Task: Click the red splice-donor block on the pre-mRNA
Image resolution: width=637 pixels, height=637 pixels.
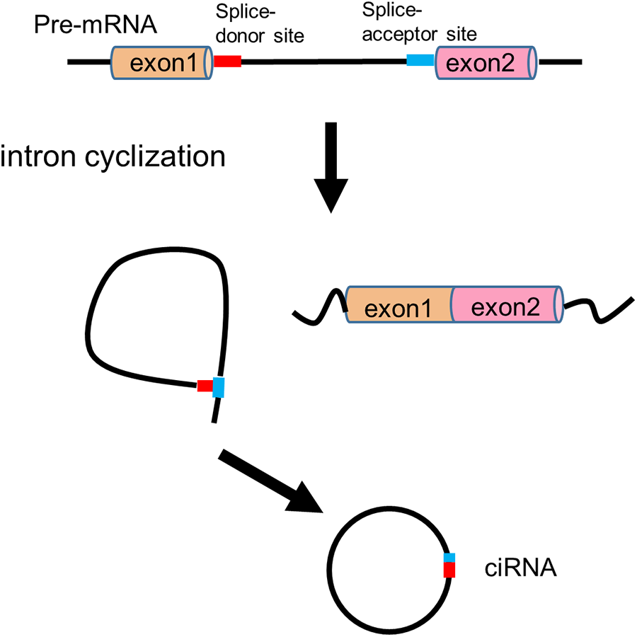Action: click(x=227, y=62)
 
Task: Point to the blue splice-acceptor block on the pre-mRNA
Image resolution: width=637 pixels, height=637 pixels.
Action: click(x=420, y=62)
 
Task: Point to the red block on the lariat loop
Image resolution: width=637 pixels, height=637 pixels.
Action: click(x=205, y=386)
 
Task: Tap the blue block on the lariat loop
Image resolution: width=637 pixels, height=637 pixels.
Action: click(x=218, y=387)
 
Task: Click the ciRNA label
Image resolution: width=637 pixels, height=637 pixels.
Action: click(x=520, y=567)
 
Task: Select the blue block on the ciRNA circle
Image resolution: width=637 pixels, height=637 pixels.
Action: click(x=449, y=558)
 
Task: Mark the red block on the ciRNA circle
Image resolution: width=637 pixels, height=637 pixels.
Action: click(x=449, y=570)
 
